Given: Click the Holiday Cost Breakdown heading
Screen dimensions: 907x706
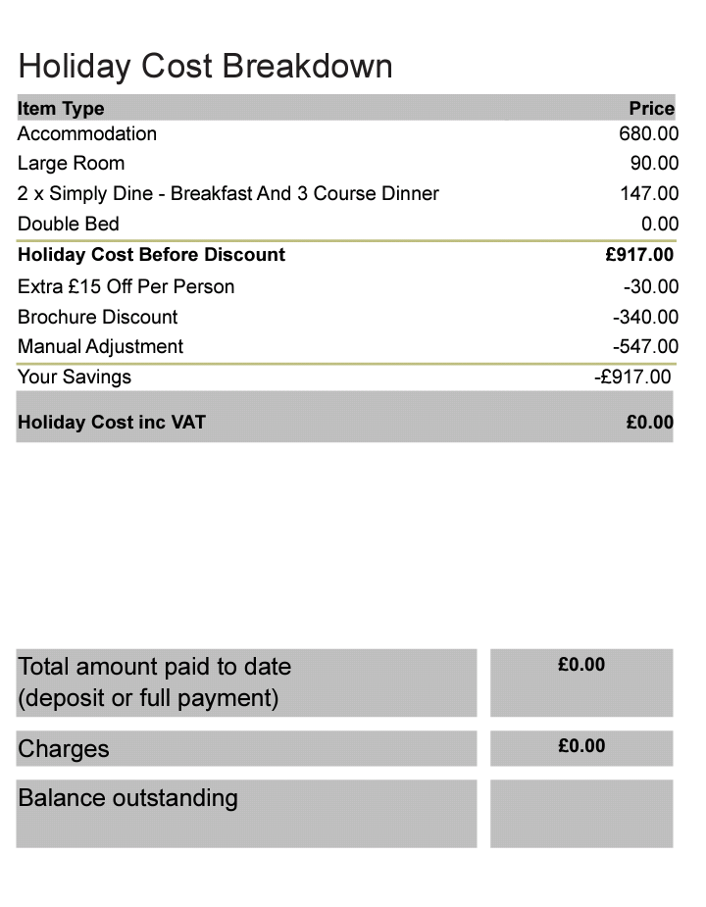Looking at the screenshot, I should tap(205, 67).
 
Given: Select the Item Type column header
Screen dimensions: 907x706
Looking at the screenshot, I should tap(61, 108).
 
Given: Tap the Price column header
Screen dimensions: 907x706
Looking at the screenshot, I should tap(651, 108).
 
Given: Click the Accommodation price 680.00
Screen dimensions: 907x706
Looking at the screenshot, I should tap(648, 133).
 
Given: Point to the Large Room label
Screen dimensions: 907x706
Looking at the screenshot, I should tap(71, 163).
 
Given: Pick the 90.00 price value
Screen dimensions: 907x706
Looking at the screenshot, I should tap(654, 163).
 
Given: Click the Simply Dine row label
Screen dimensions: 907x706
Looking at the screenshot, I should tap(227, 193).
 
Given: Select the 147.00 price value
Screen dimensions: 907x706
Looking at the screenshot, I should tap(648, 193).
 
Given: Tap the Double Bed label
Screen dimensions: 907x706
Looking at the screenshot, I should tap(68, 224).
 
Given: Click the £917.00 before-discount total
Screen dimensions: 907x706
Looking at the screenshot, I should tap(639, 255).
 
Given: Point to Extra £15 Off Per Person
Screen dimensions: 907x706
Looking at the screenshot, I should tap(126, 286).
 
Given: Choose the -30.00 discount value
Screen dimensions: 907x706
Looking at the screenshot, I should tap(650, 286).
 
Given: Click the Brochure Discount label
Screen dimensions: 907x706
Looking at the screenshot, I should tap(97, 317).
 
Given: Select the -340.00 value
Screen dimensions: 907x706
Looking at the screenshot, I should tap(645, 317).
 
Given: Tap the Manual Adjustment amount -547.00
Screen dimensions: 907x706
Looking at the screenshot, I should tap(645, 346).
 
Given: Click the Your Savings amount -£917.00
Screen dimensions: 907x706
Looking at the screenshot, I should tap(633, 377).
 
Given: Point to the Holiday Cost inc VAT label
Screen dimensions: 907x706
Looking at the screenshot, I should tap(112, 423).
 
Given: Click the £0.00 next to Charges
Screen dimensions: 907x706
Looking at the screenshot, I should tap(581, 746).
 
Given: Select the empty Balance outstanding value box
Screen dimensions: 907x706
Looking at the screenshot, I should tap(581, 813).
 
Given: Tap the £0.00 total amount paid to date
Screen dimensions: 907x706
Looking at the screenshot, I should tap(581, 665).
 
